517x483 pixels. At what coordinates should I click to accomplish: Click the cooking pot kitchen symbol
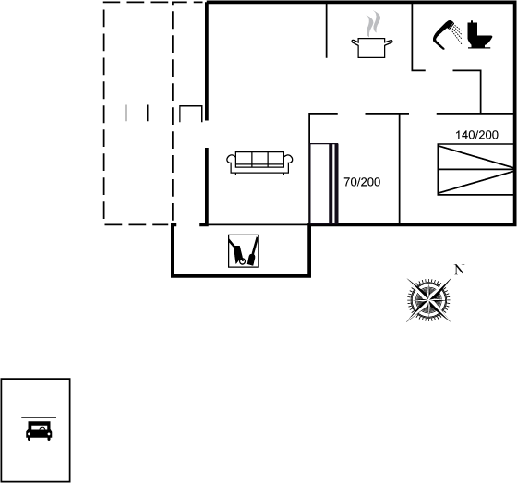[x=371, y=48]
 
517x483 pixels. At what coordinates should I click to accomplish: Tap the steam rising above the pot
[x=373, y=24]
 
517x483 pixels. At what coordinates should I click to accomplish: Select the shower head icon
[x=447, y=35]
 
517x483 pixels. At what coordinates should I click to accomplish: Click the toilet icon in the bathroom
[x=480, y=35]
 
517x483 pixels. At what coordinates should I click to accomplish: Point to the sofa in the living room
[x=259, y=163]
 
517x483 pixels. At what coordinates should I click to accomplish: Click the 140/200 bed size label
[x=476, y=135]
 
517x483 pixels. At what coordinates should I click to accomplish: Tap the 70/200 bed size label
[x=362, y=182]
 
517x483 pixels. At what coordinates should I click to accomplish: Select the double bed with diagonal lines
[x=475, y=170]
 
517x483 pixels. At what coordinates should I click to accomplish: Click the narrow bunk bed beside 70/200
[x=323, y=184]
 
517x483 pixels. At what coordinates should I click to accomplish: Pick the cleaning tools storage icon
[x=244, y=251]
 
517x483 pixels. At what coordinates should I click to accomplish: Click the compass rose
[x=428, y=300]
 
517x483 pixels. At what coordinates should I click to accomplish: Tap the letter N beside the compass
[x=460, y=270]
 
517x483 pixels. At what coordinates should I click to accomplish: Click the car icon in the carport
[x=39, y=430]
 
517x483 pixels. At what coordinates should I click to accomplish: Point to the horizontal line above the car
[x=39, y=417]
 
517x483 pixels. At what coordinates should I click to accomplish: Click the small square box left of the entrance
[x=191, y=114]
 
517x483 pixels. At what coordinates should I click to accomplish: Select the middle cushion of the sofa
[x=259, y=160]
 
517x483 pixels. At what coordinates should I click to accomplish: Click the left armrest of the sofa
[x=231, y=162]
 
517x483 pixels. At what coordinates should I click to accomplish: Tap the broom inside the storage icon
[x=253, y=251]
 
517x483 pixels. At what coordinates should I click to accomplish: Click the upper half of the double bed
[x=475, y=157]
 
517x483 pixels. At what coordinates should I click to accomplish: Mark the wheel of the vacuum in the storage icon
[x=242, y=261]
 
